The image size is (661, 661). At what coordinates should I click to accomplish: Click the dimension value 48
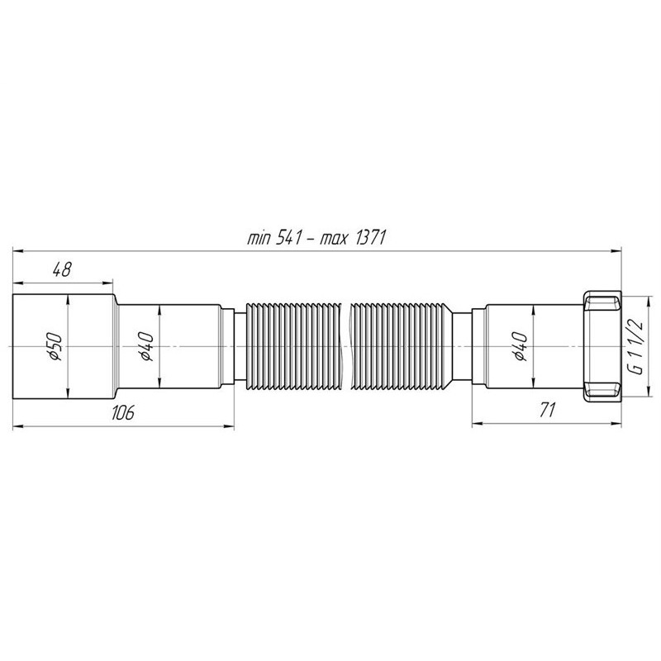click(x=62, y=270)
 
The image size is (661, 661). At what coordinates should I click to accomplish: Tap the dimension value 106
click(x=122, y=411)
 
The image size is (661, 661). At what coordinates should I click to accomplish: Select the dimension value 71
click(x=547, y=410)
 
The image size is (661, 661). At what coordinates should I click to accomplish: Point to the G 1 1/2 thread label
click(x=636, y=346)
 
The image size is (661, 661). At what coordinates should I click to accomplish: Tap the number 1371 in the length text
click(x=371, y=238)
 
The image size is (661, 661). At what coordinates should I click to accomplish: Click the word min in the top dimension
click(x=259, y=240)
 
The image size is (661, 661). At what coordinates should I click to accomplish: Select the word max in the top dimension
click(x=334, y=240)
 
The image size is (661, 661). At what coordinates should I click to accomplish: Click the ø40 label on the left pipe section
click(x=146, y=346)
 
